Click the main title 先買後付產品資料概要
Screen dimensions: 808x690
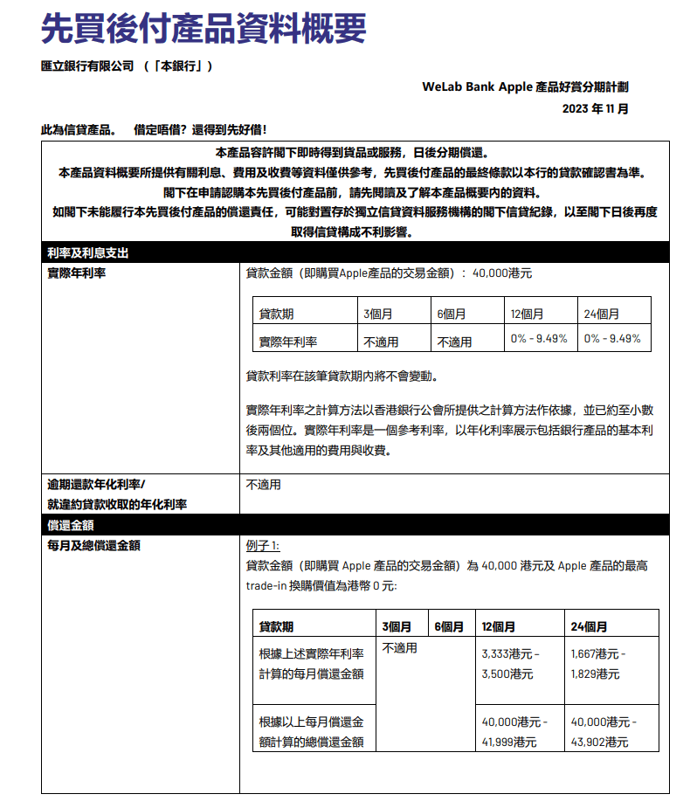point(204,28)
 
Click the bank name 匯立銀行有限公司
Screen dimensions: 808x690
point(87,66)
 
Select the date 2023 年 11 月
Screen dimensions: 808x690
point(595,109)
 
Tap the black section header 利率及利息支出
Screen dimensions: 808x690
point(88,253)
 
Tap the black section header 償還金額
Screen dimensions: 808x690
point(71,525)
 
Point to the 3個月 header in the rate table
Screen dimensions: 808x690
point(377,314)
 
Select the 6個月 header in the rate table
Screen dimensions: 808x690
point(451,314)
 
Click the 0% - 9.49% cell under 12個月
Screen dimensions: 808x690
point(539,338)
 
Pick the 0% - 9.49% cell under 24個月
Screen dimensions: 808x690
point(612,338)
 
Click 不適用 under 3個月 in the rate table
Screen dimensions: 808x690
point(381,342)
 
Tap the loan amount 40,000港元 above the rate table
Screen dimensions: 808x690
point(501,273)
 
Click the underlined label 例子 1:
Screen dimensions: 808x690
point(263,546)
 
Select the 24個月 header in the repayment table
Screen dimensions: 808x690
point(589,626)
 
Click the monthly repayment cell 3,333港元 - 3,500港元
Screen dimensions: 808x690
point(511,664)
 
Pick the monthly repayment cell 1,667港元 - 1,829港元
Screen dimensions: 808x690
point(599,664)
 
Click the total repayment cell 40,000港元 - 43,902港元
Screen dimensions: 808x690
point(604,732)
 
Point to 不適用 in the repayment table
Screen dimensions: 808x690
point(399,648)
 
